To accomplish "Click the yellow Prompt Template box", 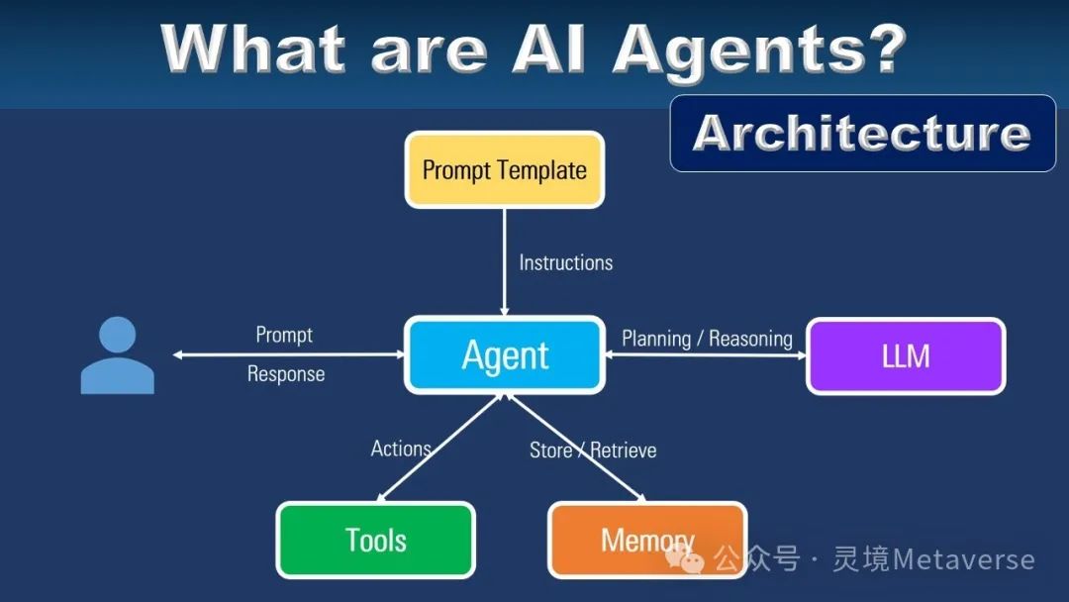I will (x=504, y=169).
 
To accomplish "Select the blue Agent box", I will (x=505, y=354).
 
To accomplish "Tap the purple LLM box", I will (x=906, y=355).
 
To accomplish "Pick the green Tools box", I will (x=375, y=540).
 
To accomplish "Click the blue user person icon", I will (x=117, y=355).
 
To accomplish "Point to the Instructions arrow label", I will (x=565, y=262).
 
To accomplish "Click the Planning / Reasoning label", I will (x=707, y=339).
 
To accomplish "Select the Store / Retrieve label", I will (x=593, y=451).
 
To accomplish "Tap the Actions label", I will (x=400, y=449).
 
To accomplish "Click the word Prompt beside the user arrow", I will (x=284, y=335).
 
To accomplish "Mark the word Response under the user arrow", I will (x=286, y=374).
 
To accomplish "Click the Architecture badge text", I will (x=861, y=133).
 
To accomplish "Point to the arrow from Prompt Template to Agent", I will (x=505, y=287).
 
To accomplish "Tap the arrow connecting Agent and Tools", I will (x=440, y=448).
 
